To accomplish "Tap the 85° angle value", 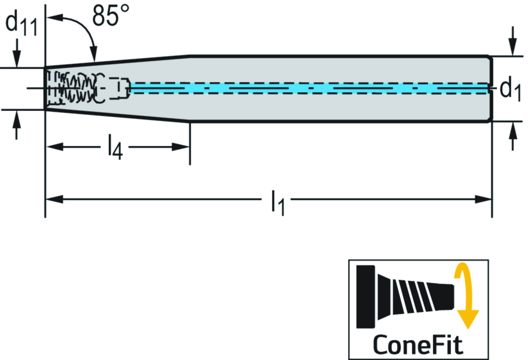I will (x=111, y=17).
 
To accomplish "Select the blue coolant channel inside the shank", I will (x=311, y=89).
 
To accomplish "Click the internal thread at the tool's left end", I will (x=73, y=87).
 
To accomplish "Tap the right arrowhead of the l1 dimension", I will (x=485, y=199).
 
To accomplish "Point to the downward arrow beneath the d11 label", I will (x=17, y=60).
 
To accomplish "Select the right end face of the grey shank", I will (x=491, y=89).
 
